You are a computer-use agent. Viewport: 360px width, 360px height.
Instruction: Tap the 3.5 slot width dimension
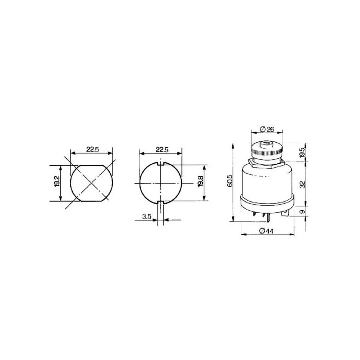[x=147, y=216]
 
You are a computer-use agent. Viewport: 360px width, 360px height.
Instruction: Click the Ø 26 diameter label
[x=267, y=130]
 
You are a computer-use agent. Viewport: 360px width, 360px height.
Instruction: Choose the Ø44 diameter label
[x=266, y=231]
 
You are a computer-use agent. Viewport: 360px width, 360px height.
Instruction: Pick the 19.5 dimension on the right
[x=302, y=152]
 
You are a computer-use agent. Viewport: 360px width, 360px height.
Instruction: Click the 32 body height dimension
[x=303, y=184]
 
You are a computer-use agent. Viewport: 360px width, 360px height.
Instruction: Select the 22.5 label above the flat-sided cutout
[x=93, y=149]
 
